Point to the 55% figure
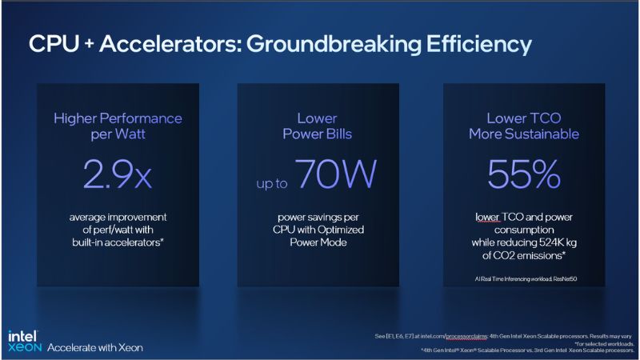point(524,174)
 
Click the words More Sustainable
point(524,134)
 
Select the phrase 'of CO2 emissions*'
point(524,255)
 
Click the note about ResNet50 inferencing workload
point(524,278)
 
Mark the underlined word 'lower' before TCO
point(485,216)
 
